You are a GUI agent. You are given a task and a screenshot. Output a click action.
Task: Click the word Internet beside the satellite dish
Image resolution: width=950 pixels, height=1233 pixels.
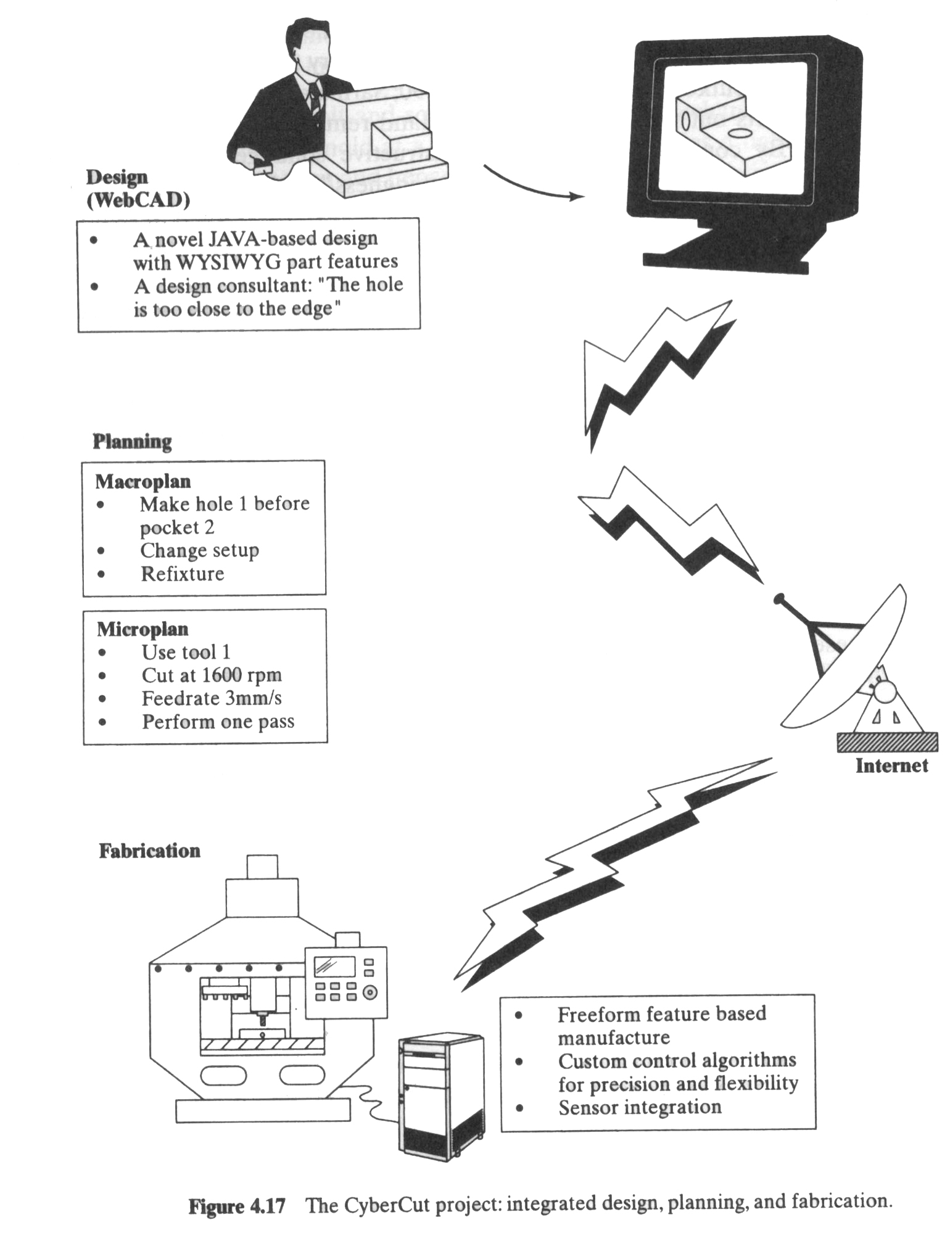(891, 766)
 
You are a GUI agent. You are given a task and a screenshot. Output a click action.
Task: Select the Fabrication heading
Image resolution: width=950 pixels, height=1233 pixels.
(149, 851)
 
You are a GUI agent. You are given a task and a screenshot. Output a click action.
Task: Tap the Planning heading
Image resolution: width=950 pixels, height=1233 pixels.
(132, 442)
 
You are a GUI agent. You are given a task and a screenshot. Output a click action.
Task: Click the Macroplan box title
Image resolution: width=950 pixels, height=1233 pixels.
(142, 481)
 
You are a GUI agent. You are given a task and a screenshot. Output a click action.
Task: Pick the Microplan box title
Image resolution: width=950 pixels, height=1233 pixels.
(142, 629)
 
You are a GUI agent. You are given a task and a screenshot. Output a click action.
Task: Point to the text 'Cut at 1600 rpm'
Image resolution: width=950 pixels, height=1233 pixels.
(212, 675)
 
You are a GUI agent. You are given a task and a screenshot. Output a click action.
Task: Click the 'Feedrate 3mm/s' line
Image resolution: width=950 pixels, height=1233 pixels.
(212, 698)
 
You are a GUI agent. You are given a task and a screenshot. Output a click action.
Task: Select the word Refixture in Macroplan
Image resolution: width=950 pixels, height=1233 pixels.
(182, 574)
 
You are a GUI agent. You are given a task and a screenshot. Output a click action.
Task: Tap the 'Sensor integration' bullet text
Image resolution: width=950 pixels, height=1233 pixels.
(640, 1107)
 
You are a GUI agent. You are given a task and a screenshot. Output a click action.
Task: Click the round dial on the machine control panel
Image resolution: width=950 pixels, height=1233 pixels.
(370, 993)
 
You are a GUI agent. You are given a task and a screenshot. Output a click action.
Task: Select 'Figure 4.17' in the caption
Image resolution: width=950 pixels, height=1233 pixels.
(237, 1206)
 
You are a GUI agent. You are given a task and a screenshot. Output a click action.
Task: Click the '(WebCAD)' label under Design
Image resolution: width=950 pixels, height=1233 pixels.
(138, 200)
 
